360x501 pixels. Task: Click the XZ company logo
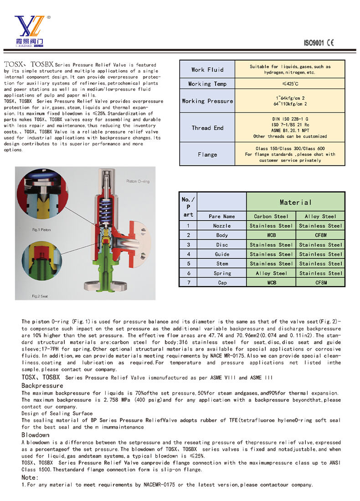click(29, 31)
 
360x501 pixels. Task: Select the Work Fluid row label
click(207, 69)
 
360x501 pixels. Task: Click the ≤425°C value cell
click(290, 84)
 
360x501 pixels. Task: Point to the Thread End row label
click(207, 128)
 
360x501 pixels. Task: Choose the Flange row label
click(207, 154)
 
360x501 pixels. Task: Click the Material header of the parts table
click(295, 202)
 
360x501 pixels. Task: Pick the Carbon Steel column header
click(271, 216)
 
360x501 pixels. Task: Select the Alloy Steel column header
click(320, 216)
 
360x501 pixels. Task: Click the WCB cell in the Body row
click(271, 235)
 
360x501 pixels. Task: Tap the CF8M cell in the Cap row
click(320, 283)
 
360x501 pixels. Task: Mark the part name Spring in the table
click(222, 273)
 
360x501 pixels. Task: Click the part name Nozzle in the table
click(222, 226)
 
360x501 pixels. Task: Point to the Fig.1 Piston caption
click(41, 229)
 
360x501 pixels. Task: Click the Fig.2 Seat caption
click(41, 296)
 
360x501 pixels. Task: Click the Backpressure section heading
click(42, 386)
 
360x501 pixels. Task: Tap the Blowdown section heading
click(36, 435)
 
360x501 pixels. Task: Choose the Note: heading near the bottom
click(30, 477)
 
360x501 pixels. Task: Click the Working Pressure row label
click(207, 101)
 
